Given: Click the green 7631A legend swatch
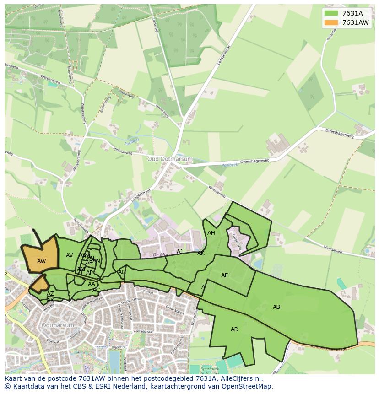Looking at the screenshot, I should pyautogui.click(x=330, y=13).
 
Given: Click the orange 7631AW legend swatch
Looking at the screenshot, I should pyautogui.click(x=330, y=22).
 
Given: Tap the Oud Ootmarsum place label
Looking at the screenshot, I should pyautogui.click(x=170, y=159).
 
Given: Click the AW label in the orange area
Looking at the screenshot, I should pyautogui.click(x=41, y=261).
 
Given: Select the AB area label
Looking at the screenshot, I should pyautogui.click(x=276, y=307).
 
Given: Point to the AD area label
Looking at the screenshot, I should pyautogui.click(x=234, y=329).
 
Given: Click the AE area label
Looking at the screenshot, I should pyautogui.click(x=224, y=275).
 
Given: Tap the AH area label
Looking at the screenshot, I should pyautogui.click(x=211, y=233).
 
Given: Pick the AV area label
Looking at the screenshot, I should pyautogui.click(x=70, y=255).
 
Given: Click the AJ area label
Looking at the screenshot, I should pyautogui.click(x=180, y=252).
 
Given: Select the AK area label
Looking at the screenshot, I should pyautogui.click(x=201, y=253).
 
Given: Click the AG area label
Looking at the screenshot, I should pyautogui.click(x=122, y=272).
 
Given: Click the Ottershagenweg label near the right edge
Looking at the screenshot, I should pyautogui.click(x=340, y=133).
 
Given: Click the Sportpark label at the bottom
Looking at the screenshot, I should pyautogui.click(x=210, y=368).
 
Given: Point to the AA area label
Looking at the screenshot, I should pyautogui.click(x=92, y=284).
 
